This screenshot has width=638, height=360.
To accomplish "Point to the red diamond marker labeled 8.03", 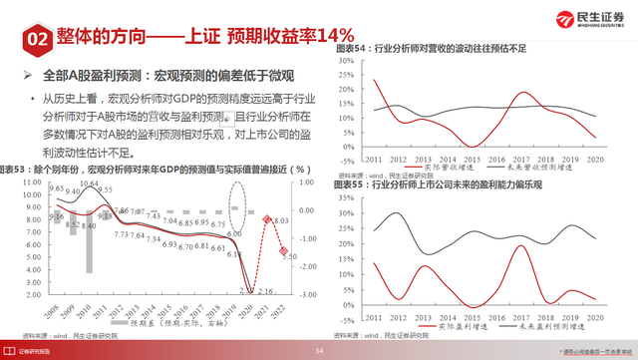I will click(268, 219).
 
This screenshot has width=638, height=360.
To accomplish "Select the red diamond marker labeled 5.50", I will click(283, 250).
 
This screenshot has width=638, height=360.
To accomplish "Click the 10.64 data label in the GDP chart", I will click(90, 183).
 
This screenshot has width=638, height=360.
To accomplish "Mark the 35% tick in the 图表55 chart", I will click(347, 197).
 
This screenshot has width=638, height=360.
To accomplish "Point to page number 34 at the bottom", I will click(320, 351).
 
